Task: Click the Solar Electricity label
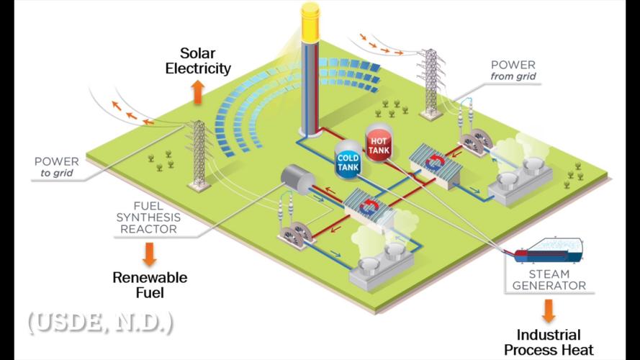tap(198, 61)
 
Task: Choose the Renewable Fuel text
tap(150, 285)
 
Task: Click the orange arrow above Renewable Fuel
tap(150, 252)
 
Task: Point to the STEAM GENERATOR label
tap(549, 279)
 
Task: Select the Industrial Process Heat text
tap(549, 343)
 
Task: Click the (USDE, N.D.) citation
tap(101, 322)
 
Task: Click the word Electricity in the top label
tap(198, 69)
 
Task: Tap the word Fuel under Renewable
tap(150, 293)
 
